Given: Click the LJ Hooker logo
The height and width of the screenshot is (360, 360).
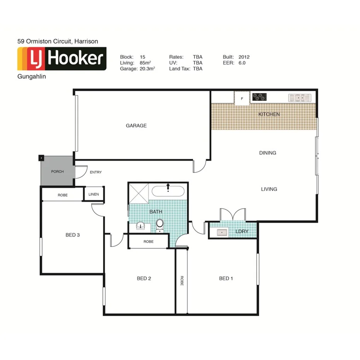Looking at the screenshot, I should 62,59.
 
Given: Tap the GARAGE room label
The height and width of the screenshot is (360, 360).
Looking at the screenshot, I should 136,126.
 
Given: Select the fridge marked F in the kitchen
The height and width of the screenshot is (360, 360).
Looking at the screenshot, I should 242,98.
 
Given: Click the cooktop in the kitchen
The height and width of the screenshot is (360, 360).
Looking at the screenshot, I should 260,97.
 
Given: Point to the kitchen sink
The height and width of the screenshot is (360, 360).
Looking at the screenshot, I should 299,98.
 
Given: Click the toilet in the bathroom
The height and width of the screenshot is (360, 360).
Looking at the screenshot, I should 160,225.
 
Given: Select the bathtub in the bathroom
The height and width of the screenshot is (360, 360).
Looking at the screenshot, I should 168,191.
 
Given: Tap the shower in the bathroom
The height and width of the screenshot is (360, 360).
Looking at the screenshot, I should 138,193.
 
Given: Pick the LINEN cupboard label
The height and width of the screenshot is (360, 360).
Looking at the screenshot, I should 94,194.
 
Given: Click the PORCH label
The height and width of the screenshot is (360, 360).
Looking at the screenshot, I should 57,172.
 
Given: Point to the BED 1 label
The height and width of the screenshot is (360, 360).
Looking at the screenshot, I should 226,278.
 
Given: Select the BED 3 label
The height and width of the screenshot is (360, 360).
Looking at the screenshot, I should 72,234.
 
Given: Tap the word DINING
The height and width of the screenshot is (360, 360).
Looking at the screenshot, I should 268,153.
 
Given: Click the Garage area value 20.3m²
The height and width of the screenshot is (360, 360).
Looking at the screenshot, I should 148,69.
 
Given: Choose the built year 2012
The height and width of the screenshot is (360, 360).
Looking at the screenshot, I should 244,57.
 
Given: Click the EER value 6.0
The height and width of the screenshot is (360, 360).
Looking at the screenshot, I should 242,63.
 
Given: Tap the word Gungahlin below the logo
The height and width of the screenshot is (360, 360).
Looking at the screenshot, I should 32,76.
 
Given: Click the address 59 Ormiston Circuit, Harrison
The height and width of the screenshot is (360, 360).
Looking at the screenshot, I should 58,41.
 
